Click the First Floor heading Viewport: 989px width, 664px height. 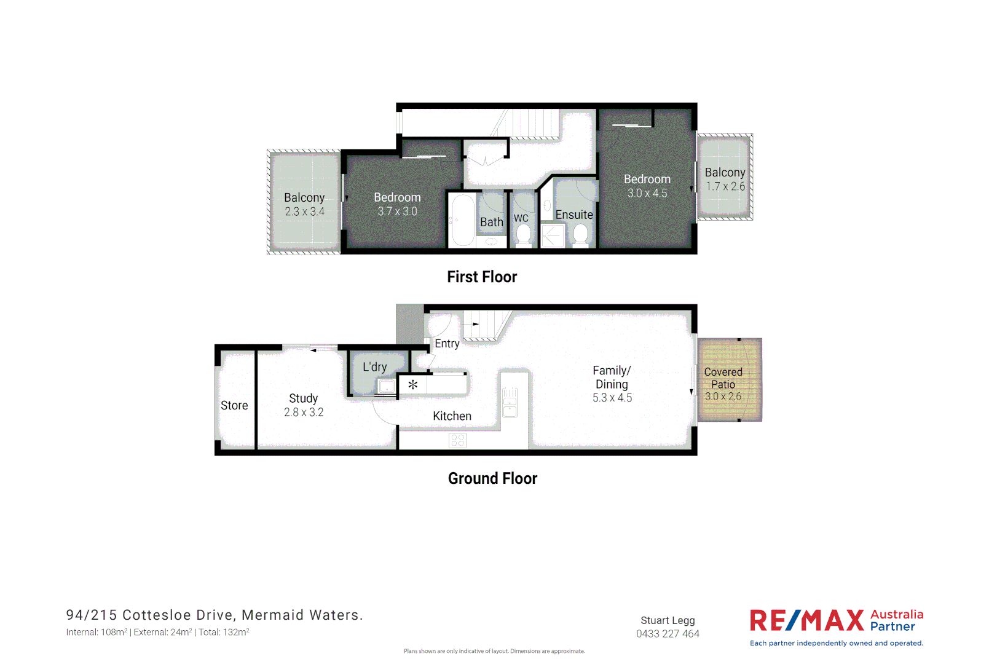coord(482,277)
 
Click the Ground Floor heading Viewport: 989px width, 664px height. coord(492,478)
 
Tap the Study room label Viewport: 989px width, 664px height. coord(304,398)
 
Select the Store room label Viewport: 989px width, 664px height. coord(234,406)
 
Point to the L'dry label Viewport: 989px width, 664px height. coord(375,367)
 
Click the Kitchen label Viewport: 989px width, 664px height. coord(452,416)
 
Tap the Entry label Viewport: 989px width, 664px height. coord(447,344)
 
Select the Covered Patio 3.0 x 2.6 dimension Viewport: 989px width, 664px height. coord(723,397)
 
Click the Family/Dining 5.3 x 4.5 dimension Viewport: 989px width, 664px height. coord(612,398)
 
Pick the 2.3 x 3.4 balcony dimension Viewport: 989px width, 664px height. coord(304,211)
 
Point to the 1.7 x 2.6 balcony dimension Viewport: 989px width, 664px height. coord(725,186)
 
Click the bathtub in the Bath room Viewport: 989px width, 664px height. coord(462,221)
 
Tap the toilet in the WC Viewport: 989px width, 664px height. coord(523,234)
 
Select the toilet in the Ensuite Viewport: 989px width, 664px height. coord(580,234)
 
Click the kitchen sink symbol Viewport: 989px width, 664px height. coord(510,402)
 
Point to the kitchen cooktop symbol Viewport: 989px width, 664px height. coord(458,440)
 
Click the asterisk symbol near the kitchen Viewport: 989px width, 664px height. coord(413,385)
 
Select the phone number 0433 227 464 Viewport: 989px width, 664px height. coord(668,634)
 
